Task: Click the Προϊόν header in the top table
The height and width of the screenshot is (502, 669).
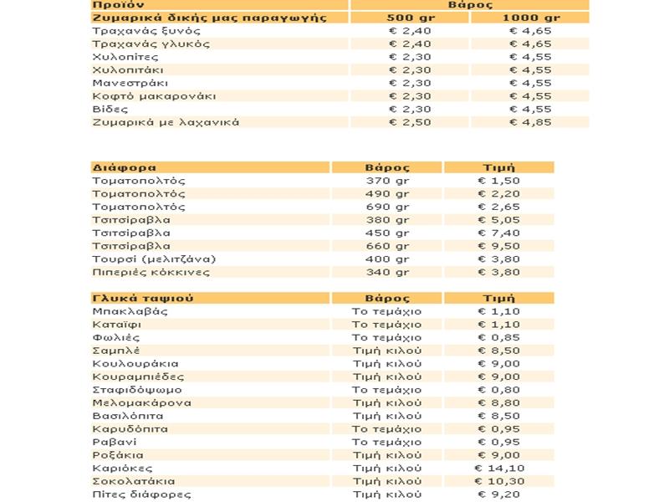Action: click(x=115, y=4)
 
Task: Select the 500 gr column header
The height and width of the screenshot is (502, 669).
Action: click(x=410, y=18)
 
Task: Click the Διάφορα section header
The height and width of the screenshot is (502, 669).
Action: click(x=125, y=167)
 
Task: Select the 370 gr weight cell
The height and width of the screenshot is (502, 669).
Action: click(x=388, y=181)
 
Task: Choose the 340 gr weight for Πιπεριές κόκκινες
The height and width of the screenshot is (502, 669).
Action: click(x=388, y=272)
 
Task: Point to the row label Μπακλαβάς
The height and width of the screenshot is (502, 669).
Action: click(x=131, y=311)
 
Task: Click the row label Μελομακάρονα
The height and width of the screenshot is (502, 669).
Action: click(x=142, y=402)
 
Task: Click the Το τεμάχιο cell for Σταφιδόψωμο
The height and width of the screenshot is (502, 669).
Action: click(x=386, y=390)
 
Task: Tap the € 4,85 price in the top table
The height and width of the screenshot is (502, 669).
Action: click(x=532, y=122)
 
